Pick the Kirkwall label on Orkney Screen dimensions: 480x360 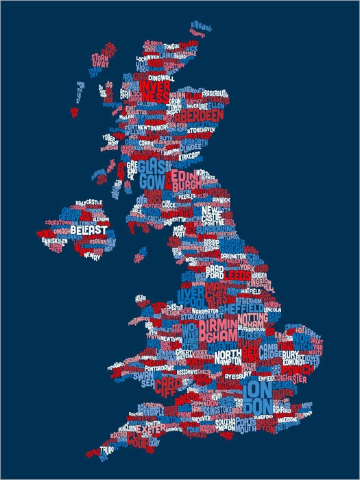202,26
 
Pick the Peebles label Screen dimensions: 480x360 187,196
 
